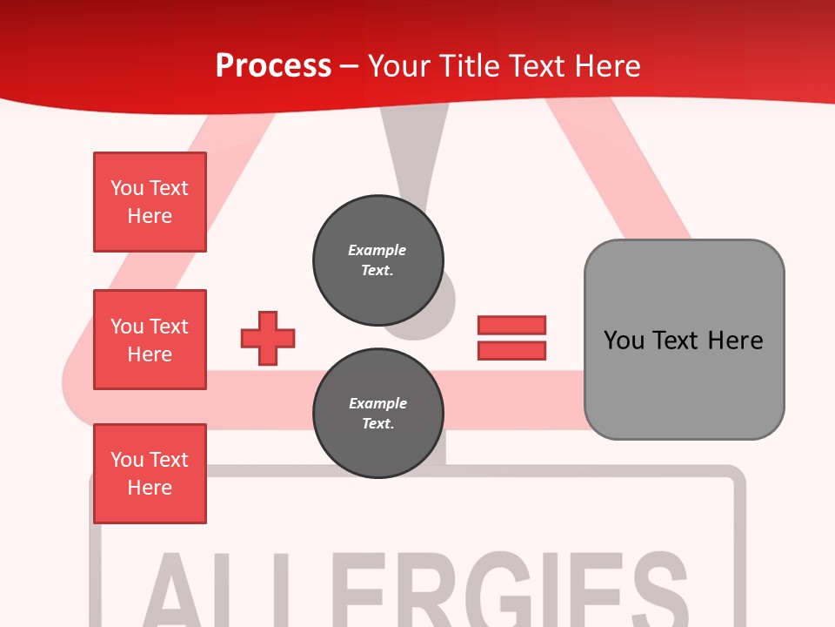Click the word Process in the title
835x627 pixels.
pos(273,66)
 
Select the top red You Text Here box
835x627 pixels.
pos(150,202)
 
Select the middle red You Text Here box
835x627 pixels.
pos(150,340)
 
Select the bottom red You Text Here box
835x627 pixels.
pos(150,474)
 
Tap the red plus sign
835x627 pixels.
pos(268,338)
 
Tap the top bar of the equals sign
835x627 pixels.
pos(511,326)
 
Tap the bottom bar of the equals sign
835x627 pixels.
pos(511,350)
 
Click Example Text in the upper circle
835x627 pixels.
pos(377,260)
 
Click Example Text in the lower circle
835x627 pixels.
pos(377,413)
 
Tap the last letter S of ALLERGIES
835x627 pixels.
pos(657,592)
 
